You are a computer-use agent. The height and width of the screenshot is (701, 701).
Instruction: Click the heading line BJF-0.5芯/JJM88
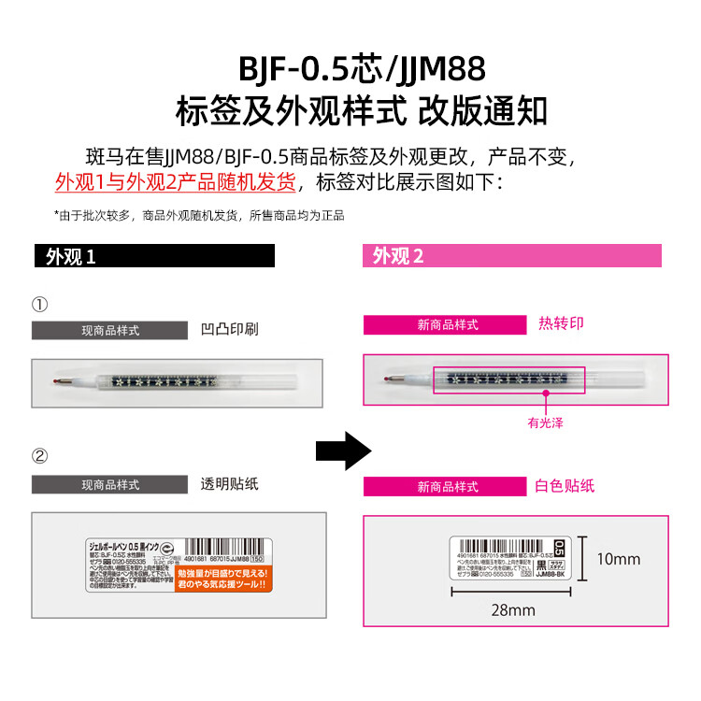(x=361, y=70)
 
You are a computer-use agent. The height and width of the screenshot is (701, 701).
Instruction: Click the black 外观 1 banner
(x=153, y=256)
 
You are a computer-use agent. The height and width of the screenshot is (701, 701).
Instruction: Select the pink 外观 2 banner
(x=511, y=256)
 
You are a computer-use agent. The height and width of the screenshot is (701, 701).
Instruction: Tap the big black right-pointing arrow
(x=343, y=451)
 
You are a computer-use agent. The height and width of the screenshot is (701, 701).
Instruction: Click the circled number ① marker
(x=39, y=305)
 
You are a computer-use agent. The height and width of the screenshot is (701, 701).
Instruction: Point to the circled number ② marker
(x=39, y=456)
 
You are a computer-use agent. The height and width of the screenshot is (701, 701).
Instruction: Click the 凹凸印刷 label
(x=229, y=329)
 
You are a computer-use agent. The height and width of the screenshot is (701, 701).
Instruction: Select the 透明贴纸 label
(x=229, y=484)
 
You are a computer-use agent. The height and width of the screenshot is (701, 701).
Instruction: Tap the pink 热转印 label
(x=561, y=323)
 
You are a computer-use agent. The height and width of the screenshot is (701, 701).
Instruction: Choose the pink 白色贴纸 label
(x=565, y=486)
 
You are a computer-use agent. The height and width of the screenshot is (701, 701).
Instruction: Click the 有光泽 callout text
(x=546, y=422)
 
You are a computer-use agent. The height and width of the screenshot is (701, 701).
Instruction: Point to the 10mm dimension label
(x=619, y=559)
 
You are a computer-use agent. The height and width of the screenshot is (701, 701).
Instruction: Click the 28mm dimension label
(x=513, y=610)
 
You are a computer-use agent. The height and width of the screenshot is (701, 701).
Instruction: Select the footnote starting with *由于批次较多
(x=198, y=215)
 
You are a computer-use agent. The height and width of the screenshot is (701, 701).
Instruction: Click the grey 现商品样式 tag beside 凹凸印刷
(x=110, y=330)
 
